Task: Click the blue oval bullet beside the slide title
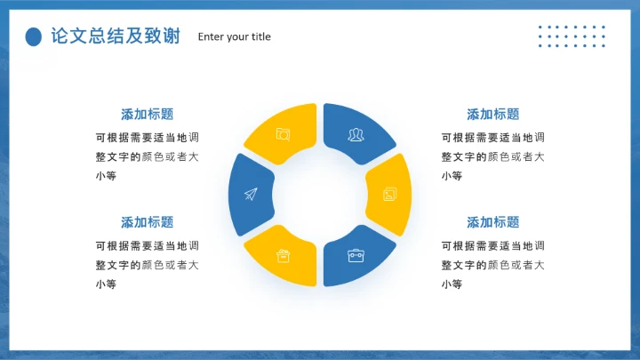click(x=33, y=36)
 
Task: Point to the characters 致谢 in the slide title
click(x=159, y=36)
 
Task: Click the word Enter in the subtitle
click(x=212, y=36)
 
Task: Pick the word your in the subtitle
click(x=237, y=36)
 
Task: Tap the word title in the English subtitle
click(x=261, y=36)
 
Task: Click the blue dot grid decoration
click(x=572, y=36)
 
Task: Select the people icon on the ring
click(x=356, y=134)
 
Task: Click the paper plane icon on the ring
click(x=250, y=195)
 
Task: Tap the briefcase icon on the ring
click(x=356, y=256)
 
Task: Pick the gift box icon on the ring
click(x=284, y=256)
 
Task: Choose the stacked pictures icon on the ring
click(x=389, y=195)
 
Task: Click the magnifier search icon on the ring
click(x=283, y=134)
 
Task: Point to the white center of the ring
click(x=320, y=195)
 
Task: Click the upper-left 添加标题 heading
click(x=147, y=114)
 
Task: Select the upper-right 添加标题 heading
click(x=492, y=114)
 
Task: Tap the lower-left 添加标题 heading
click(x=147, y=222)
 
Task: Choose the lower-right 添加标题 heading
click(x=492, y=222)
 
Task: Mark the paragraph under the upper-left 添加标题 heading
click(x=147, y=156)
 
